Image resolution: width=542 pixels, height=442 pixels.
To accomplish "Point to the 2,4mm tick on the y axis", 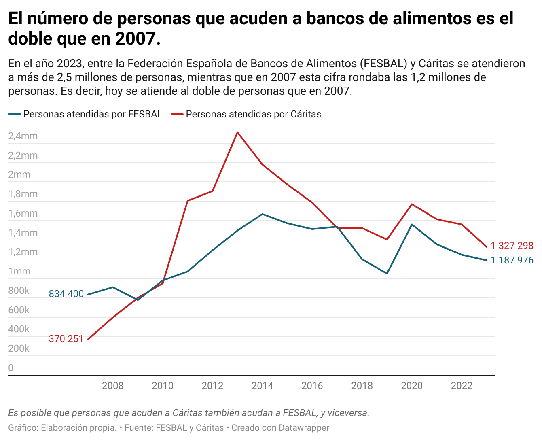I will pyautogui.click(x=23, y=136).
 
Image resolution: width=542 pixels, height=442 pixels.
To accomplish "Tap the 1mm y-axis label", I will pyautogui.click(x=19, y=271).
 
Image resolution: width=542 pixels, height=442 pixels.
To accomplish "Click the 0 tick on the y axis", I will pyautogui.click(x=11, y=368).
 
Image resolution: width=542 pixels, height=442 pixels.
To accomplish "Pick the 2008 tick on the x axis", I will pyautogui.click(x=113, y=386).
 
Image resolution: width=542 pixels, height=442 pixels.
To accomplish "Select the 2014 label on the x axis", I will pyautogui.click(x=263, y=386).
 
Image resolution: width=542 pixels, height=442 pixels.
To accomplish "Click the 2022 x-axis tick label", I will pyautogui.click(x=462, y=386).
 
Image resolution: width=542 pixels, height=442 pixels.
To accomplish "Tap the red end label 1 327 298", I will pyautogui.click(x=512, y=246).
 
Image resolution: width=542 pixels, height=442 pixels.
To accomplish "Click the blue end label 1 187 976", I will pyautogui.click(x=512, y=260).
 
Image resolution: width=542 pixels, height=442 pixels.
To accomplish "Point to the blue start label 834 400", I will pyautogui.click(x=66, y=294).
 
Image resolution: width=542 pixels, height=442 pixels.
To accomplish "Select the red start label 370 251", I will pyautogui.click(x=66, y=339).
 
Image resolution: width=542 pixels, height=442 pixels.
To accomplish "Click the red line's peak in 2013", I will pyautogui.click(x=237, y=132).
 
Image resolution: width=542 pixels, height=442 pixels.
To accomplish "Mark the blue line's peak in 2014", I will pyautogui.click(x=263, y=214).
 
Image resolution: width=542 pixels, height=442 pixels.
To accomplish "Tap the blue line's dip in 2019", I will pyautogui.click(x=387, y=274).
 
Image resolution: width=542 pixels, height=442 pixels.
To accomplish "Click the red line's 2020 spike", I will pyautogui.click(x=412, y=204).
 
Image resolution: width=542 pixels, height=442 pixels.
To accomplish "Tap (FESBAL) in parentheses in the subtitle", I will pyautogui.click(x=383, y=64).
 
